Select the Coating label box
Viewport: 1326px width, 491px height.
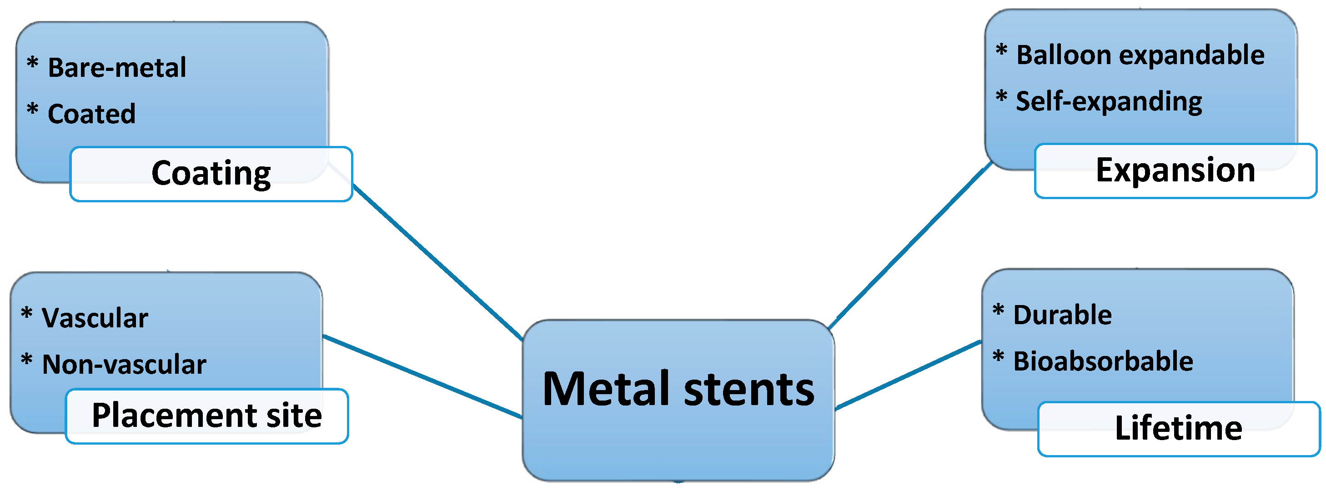tap(211, 174)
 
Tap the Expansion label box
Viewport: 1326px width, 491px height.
tap(1175, 170)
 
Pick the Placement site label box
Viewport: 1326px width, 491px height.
tap(206, 416)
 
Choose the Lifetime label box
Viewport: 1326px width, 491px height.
tap(1178, 428)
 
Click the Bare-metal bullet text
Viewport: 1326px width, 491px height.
tap(117, 68)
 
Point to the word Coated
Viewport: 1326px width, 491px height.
tap(91, 114)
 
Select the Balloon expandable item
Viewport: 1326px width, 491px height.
tap(1140, 55)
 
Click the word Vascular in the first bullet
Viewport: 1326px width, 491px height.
tap(95, 317)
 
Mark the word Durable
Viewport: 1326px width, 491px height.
tap(1062, 315)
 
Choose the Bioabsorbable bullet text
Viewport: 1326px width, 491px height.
tap(1103, 361)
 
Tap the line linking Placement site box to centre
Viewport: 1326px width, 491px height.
tap(422, 376)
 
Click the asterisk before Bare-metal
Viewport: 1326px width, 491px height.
tap(32, 63)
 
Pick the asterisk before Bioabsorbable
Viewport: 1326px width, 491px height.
tap(998, 356)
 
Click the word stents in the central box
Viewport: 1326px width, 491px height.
tap(749, 390)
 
